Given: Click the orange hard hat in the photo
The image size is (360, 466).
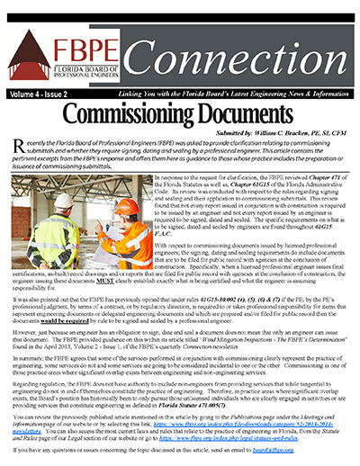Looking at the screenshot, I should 127,206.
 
